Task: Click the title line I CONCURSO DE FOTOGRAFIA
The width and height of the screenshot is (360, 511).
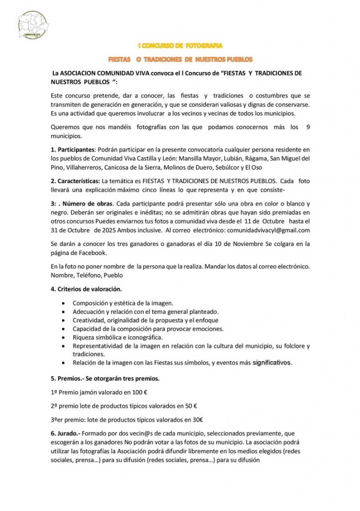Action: [180, 46]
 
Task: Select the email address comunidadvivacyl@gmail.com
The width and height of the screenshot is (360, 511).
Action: [268, 230]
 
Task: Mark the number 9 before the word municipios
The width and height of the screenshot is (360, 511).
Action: [308, 127]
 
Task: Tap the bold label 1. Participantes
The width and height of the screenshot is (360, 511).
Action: [73, 150]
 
